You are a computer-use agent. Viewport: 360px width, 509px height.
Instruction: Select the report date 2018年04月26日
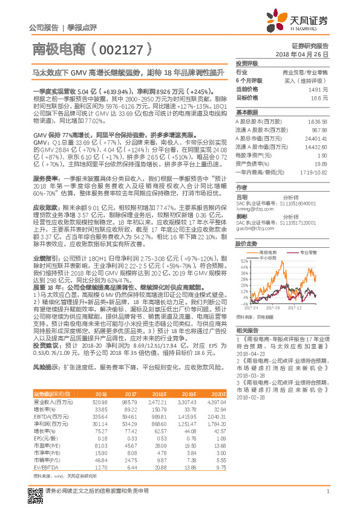[303, 54]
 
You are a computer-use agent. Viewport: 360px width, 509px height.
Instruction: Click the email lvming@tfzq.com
[252, 209]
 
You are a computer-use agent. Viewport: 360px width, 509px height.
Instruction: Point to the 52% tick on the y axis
[242, 261]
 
